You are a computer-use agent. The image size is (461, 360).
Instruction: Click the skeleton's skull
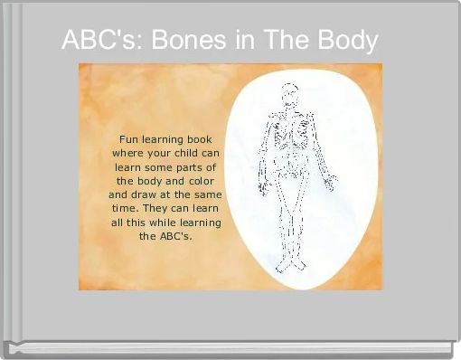289,94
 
